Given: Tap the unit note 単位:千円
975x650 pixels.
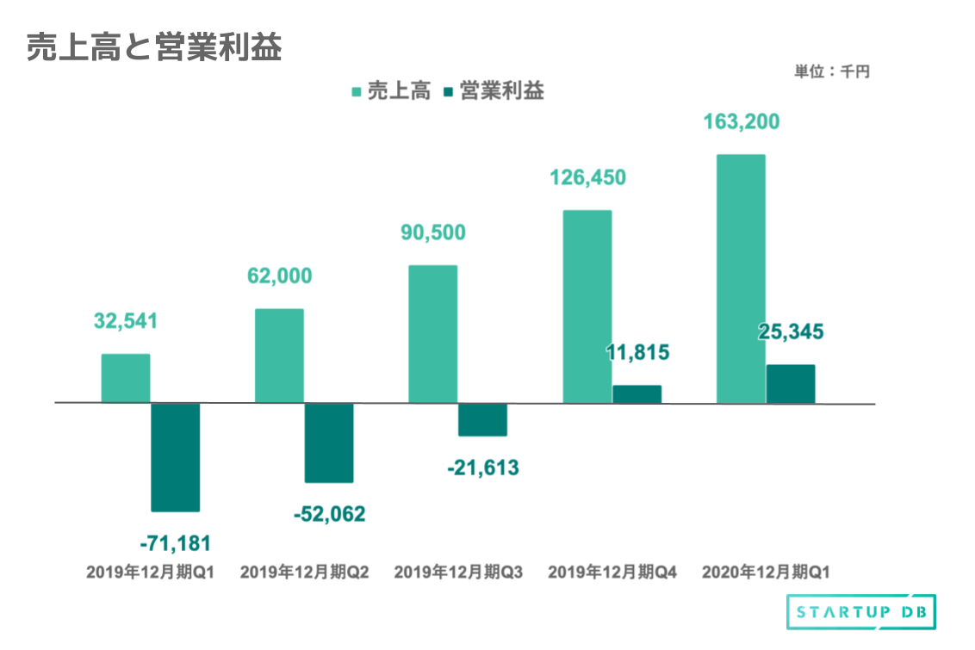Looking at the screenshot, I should (831, 72).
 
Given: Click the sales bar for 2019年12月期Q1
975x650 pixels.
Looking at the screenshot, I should (126, 378).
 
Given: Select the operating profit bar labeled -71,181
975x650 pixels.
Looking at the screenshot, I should (176, 457).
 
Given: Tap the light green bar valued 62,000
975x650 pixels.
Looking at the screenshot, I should (279, 356).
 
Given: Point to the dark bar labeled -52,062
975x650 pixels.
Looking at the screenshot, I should (329, 443).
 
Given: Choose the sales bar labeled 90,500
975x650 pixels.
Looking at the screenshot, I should (433, 334).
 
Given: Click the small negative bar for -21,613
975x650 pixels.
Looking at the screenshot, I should (482, 419).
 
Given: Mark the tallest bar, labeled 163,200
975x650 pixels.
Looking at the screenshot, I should (741, 278).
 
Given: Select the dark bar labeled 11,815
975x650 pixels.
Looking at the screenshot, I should (637, 393).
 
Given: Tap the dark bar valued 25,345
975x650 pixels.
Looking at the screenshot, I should (791, 384).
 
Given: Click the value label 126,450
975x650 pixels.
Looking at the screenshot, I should (587, 178).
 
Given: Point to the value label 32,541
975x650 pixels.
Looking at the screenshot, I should (126, 322).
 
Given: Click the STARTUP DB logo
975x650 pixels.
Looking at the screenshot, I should (861, 612).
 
